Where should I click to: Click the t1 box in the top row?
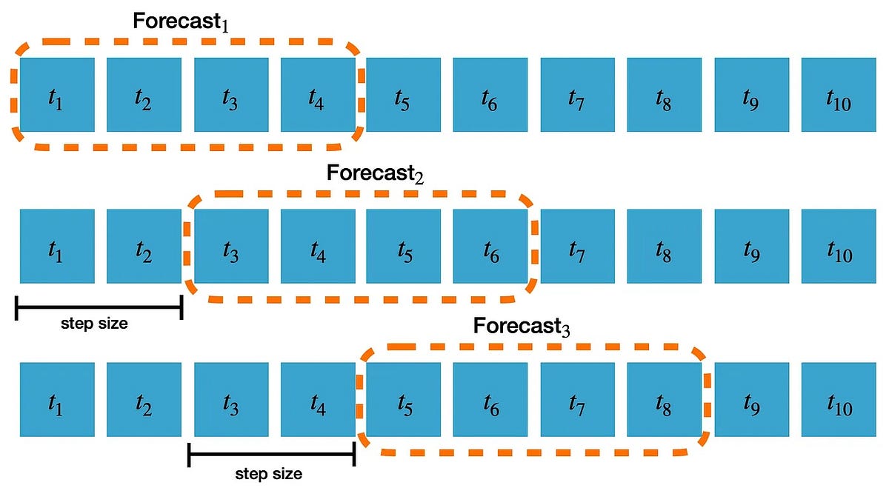pos(57,94)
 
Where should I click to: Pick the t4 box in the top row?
pos(317,94)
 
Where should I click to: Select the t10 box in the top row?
pos(838,94)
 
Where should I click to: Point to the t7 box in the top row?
pos(577,94)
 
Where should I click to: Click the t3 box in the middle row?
pos(230,247)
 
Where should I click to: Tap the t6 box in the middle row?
pos(490,247)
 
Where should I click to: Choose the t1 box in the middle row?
pos(57,247)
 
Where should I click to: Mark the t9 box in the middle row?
pos(750,247)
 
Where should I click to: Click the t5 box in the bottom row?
pos(404,400)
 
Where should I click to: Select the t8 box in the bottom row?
pos(664,400)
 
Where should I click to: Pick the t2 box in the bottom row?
pos(144,400)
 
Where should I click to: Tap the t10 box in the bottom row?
pos(838,400)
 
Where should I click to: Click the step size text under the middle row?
pos(94,323)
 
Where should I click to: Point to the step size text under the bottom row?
pos(268,474)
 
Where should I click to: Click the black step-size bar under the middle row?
pos(99,307)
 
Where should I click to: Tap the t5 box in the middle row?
pos(404,247)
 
